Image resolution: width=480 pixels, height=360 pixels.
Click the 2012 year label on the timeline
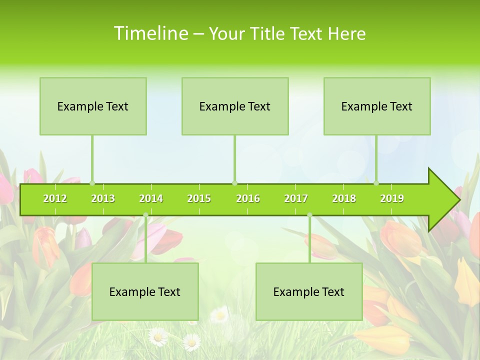click(x=55, y=198)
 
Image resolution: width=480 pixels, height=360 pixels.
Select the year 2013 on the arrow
click(x=103, y=198)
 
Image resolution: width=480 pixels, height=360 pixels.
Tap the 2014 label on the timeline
click(x=151, y=198)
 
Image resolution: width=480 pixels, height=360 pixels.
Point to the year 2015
click(x=199, y=198)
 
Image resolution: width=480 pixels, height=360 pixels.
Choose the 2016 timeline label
click(x=248, y=198)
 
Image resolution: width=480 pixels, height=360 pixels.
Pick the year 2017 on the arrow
click(x=296, y=198)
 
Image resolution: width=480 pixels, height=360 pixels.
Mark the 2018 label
click(x=344, y=198)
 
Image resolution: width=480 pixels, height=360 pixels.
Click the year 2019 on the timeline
click(x=392, y=198)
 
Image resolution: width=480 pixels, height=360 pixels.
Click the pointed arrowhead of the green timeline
click(x=445, y=199)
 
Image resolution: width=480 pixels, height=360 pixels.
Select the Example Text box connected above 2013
click(x=93, y=106)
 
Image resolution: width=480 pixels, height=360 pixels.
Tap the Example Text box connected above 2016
click(x=235, y=106)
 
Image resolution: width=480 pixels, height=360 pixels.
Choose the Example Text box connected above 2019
click(x=377, y=106)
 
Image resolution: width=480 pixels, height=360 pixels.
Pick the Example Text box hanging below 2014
click(x=145, y=291)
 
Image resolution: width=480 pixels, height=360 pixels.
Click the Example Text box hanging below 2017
click(x=309, y=291)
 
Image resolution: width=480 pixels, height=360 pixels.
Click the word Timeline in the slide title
click(x=150, y=33)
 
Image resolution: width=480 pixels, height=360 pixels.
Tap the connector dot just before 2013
click(x=92, y=183)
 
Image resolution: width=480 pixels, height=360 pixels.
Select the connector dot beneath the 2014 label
click(x=145, y=215)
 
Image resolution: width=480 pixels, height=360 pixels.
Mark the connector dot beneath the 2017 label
click(x=309, y=215)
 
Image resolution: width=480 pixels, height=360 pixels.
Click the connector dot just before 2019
click(x=376, y=183)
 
